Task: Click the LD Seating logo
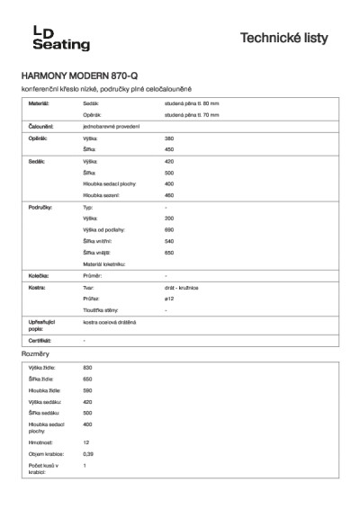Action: click(x=40, y=38)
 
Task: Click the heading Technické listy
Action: click(x=290, y=38)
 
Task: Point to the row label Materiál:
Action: click(x=40, y=104)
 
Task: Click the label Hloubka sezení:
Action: click(x=101, y=194)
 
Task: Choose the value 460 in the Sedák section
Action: click(x=169, y=194)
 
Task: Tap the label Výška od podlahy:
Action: click(x=103, y=230)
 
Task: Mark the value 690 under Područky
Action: click(x=169, y=230)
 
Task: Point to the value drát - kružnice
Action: click(x=182, y=287)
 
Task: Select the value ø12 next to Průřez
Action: click(x=169, y=298)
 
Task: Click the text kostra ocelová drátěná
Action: click(x=110, y=322)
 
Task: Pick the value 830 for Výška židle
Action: click(x=87, y=369)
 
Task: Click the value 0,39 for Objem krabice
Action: click(x=88, y=454)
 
